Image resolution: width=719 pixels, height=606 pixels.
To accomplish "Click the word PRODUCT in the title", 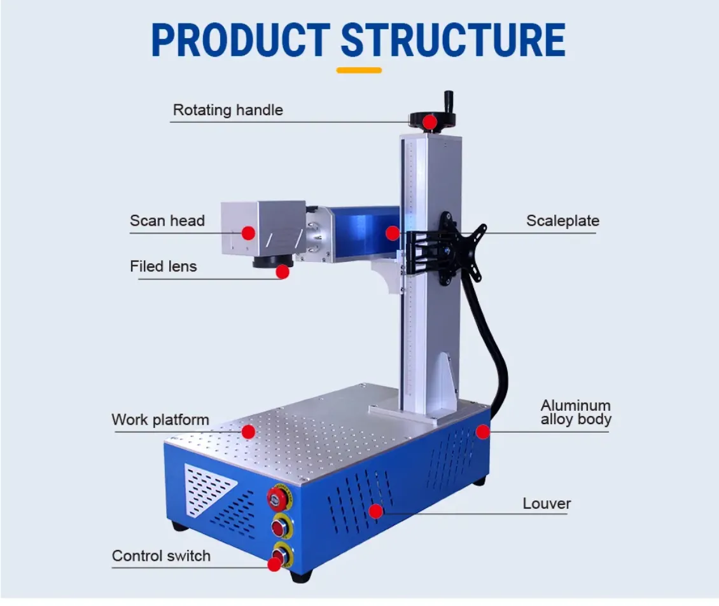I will pyautogui.click(x=241, y=40).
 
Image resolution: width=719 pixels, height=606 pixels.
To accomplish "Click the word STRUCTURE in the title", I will pyautogui.click(x=453, y=40).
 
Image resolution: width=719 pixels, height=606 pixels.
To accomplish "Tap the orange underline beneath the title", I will pyautogui.click(x=359, y=70).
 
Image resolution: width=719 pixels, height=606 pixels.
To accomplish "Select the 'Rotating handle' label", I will pyautogui.click(x=228, y=110).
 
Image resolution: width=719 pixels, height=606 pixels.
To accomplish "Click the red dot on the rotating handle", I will pyautogui.click(x=431, y=121).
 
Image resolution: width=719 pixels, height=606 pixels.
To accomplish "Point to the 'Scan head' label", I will pyautogui.click(x=167, y=221).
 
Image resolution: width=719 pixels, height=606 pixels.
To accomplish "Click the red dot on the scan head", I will pyautogui.click(x=248, y=233).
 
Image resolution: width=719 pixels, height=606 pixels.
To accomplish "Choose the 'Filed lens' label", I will pyautogui.click(x=164, y=266).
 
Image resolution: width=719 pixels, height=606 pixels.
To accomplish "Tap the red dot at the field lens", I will pyautogui.click(x=283, y=272).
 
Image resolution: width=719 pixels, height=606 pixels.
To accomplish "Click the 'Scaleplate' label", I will pyautogui.click(x=562, y=221).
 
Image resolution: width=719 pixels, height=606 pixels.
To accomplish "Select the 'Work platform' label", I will pyautogui.click(x=160, y=420).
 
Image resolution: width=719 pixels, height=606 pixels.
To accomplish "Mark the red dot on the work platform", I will pyautogui.click(x=248, y=432).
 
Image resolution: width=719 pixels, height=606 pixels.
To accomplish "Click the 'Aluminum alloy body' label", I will pyautogui.click(x=576, y=412).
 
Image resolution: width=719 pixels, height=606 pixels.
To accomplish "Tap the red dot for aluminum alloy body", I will pyautogui.click(x=483, y=432).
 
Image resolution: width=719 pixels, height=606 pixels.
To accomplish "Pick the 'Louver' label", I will pyautogui.click(x=547, y=504).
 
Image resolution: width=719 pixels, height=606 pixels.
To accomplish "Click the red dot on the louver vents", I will pyautogui.click(x=376, y=511).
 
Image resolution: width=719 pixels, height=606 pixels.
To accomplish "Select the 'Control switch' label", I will pyautogui.click(x=161, y=556).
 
